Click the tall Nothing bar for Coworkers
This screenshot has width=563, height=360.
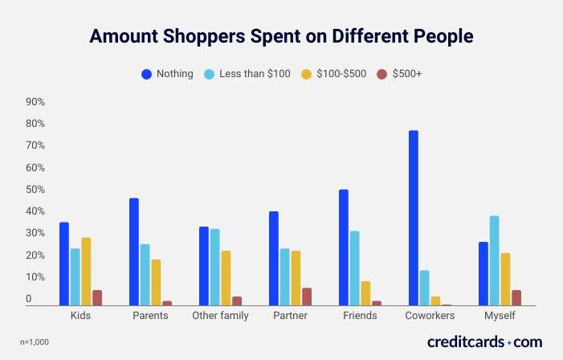pyautogui.click(x=413, y=218)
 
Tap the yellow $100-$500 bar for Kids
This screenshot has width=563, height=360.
pyautogui.click(x=86, y=272)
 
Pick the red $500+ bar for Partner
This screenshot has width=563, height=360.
pyautogui.click(x=306, y=297)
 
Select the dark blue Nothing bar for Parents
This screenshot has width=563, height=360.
pyautogui.click(x=134, y=252)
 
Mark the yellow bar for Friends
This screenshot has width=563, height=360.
pyautogui.click(x=365, y=293)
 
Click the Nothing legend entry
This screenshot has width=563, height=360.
pyautogui.click(x=167, y=74)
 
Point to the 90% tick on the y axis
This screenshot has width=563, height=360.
pyautogui.click(x=35, y=102)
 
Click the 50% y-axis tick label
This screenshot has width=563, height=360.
pyautogui.click(x=35, y=190)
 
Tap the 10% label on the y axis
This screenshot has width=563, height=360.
pyautogui.click(x=35, y=277)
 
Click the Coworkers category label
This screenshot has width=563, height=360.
pyautogui.click(x=430, y=316)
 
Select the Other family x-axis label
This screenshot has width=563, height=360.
pyautogui.click(x=220, y=316)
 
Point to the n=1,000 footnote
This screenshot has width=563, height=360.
pyautogui.click(x=34, y=342)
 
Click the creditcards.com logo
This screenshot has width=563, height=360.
pyautogui.click(x=484, y=342)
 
